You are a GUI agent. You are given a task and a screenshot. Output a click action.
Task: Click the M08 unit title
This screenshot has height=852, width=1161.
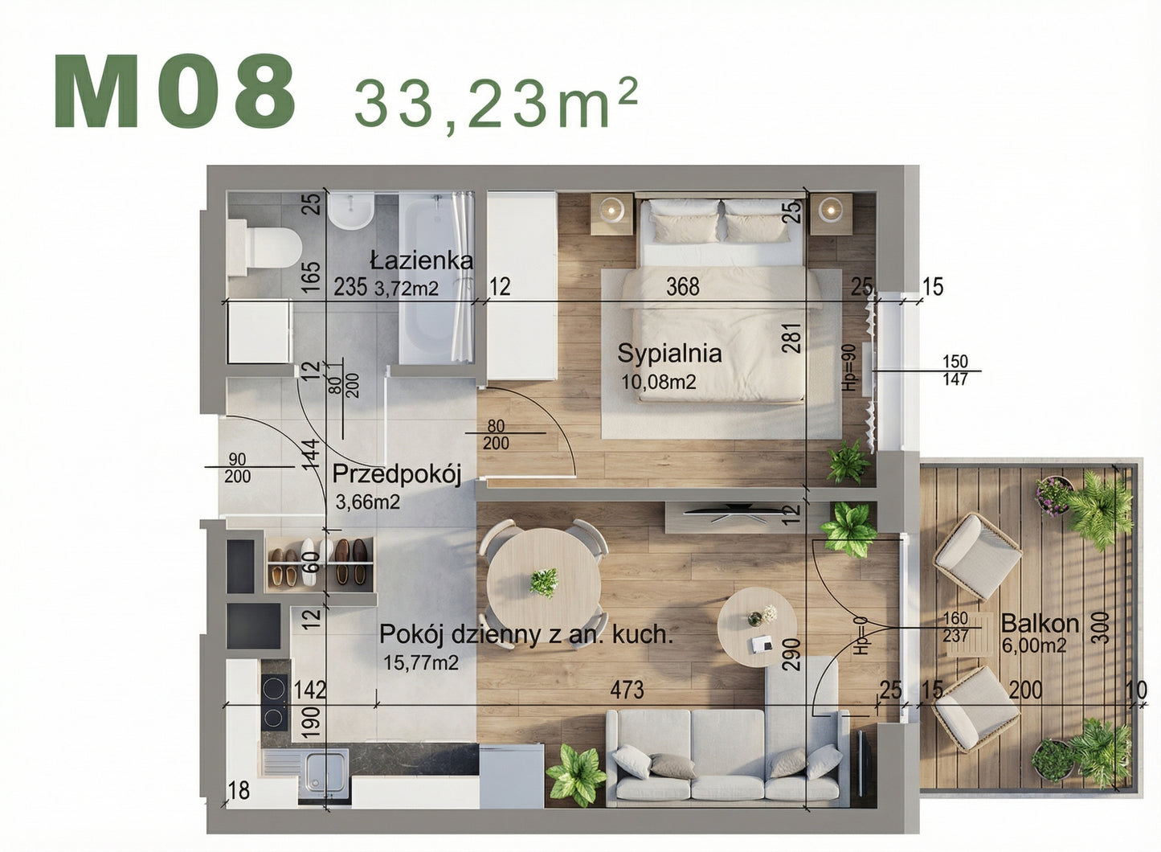click(x=175, y=92)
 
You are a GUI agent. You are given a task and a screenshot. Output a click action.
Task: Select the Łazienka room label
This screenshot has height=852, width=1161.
click(x=421, y=260)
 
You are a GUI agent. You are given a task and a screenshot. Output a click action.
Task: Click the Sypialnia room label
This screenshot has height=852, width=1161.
click(x=669, y=353)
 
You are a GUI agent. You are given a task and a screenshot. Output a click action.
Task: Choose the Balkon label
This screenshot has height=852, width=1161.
click(x=1040, y=623)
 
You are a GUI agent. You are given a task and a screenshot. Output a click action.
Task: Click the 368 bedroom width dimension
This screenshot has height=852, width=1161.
click(x=683, y=286)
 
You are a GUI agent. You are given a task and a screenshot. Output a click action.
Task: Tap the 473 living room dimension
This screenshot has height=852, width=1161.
click(x=627, y=690)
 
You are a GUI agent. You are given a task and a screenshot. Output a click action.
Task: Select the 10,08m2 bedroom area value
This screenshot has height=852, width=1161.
click(x=659, y=382)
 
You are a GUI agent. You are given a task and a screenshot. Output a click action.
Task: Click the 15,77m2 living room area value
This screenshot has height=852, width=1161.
click(x=421, y=662)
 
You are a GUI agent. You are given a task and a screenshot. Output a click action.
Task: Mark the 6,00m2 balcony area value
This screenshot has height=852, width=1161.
click(x=1034, y=645)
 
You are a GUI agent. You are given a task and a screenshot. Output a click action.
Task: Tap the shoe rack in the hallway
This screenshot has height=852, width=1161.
click(x=321, y=560)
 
